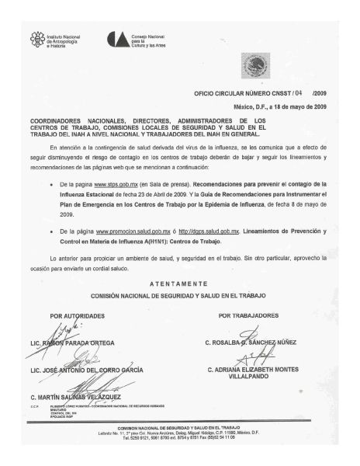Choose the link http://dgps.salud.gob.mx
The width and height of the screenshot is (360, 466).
(x=207, y=232)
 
